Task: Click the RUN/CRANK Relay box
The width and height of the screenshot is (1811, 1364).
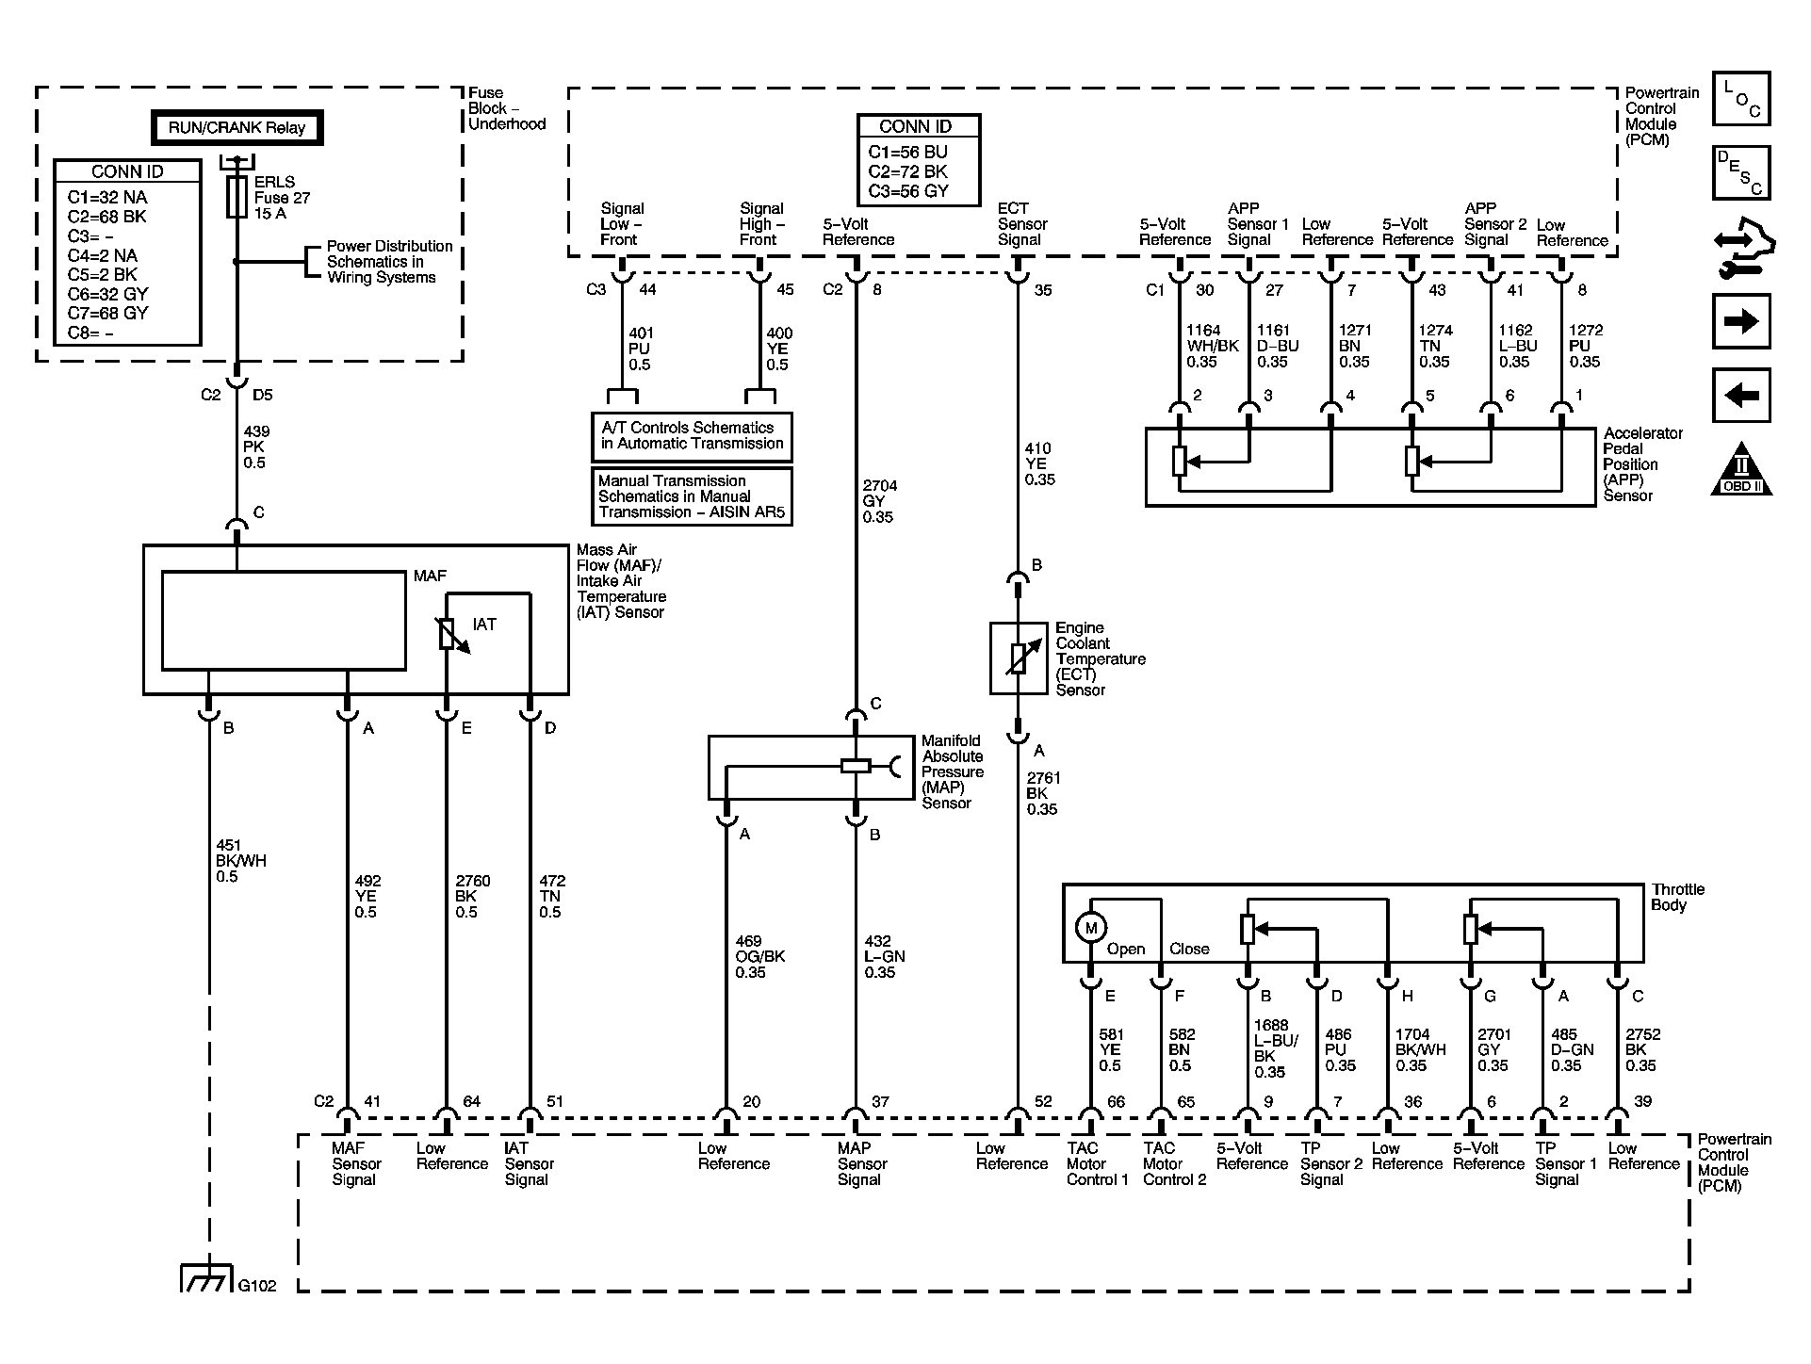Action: (237, 128)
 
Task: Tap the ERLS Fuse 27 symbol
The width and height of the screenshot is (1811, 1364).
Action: (237, 196)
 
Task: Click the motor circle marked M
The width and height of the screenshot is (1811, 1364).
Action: (1090, 928)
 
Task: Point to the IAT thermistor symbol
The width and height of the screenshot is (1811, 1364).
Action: (449, 633)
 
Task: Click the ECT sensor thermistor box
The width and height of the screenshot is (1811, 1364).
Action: (1018, 658)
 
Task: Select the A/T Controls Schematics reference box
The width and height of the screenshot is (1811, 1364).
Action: (692, 436)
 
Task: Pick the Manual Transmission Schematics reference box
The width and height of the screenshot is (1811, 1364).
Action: (692, 496)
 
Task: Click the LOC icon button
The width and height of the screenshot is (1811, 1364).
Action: (1740, 99)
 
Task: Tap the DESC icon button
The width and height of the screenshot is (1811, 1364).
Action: (1740, 172)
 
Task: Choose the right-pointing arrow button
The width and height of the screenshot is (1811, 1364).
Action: (1740, 321)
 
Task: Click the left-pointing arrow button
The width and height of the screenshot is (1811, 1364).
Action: (1740, 394)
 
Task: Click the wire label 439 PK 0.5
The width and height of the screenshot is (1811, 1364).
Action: (254, 447)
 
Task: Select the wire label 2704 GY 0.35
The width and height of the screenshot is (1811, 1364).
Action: (879, 501)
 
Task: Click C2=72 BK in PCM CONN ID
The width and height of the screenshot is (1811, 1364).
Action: (907, 171)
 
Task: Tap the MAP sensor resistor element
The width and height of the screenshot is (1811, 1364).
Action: (855, 766)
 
